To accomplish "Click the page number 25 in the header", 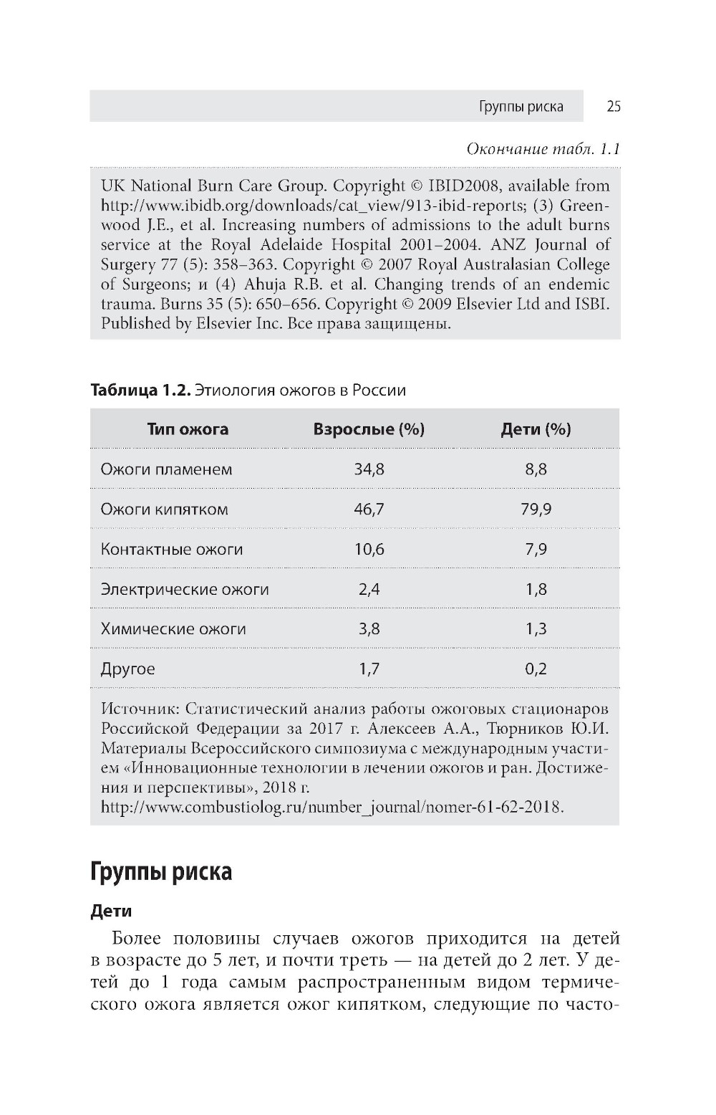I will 613,107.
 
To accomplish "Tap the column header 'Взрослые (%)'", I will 369,429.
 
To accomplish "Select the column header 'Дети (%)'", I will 536,429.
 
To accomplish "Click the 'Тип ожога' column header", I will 188,429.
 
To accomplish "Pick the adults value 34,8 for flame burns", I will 369,469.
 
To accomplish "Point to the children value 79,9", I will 536,509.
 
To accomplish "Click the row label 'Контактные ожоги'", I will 172,550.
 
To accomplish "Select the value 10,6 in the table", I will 369,550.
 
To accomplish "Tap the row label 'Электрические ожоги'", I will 185,590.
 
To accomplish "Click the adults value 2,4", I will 369,590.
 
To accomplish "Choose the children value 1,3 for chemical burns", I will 536,629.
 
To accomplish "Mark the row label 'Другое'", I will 127,669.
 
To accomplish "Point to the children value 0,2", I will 536,669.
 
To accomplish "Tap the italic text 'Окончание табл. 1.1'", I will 543,149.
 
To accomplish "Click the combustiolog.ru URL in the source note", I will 332,807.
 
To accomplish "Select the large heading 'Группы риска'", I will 161,872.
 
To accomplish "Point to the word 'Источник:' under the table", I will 140,709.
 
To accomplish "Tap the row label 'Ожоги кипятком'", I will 164,509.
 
